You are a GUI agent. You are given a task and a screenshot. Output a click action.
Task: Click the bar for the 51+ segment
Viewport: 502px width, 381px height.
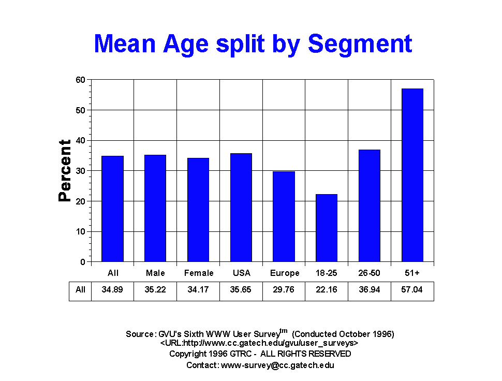pos(412,175)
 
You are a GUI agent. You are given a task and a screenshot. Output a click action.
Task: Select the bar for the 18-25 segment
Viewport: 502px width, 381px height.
pos(327,228)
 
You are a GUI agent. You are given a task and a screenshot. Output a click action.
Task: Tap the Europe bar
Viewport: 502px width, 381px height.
pos(284,217)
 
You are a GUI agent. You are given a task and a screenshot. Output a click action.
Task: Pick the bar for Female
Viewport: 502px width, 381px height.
pos(198,210)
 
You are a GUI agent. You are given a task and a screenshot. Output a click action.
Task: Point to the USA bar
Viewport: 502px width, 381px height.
pos(241,208)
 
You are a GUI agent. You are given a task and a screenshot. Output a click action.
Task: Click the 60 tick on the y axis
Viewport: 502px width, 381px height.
pos(80,80)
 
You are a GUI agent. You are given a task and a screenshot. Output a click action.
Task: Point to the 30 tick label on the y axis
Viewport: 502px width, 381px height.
pos(80,171)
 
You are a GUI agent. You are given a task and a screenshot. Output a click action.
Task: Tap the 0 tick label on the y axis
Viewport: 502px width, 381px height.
pos(83,262)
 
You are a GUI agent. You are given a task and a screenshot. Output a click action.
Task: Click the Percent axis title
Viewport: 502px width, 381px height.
pos(65,170)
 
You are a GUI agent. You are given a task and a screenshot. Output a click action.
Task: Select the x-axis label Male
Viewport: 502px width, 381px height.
pos(155,273)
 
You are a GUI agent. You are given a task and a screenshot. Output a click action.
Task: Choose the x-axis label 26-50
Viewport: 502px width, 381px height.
pos(369,273)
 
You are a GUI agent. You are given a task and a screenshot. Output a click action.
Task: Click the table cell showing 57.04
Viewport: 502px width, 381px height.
pos(412,290)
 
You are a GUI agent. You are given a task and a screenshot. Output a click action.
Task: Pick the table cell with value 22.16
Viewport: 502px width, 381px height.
pos(327,290)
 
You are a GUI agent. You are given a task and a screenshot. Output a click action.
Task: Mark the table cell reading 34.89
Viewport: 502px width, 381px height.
pos(112,290)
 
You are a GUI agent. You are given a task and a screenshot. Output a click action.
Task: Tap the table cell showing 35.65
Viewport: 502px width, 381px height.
pos(241,290)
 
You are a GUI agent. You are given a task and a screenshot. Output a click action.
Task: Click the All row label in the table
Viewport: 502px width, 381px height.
pos(80,290)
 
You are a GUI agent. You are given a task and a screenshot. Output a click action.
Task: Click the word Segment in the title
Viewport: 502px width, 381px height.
pos(360,43)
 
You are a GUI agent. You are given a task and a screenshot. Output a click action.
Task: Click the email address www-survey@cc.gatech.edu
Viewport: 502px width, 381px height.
pos(277,365)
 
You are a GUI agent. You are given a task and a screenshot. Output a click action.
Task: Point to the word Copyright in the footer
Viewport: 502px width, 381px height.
pos(188,354)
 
